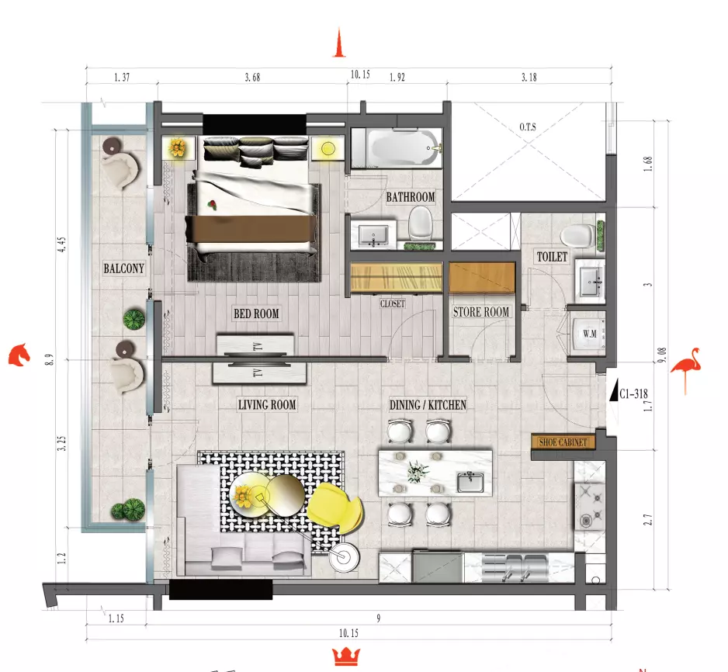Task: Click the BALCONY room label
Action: point(123,268)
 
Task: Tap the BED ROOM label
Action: point(256,313)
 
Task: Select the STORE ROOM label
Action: point(481,312)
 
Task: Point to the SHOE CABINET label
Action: point(563,442)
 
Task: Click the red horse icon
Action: point(19,355)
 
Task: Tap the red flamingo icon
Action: point(686,368)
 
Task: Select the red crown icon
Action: point(346,656)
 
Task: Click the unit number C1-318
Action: point(633,394)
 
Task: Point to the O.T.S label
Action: point(528,126)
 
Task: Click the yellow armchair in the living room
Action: point(335,505)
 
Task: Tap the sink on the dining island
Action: point(470,482)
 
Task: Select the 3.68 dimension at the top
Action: point(252,77)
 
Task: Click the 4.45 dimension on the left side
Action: point(61,244)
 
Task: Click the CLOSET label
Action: point(392,304)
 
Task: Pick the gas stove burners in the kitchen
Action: point(590,506)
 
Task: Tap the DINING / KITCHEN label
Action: point(428,405)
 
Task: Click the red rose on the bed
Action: point(213,204)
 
